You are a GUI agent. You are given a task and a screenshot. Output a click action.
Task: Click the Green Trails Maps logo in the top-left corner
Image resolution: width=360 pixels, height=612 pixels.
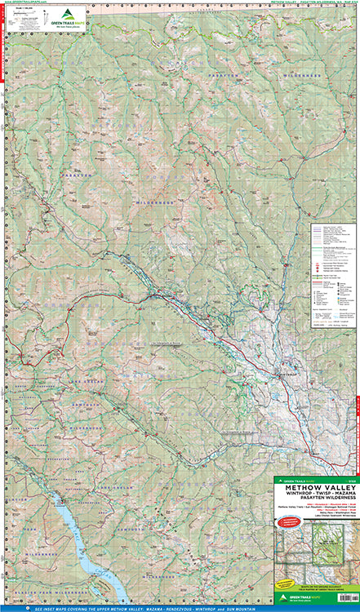66,17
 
